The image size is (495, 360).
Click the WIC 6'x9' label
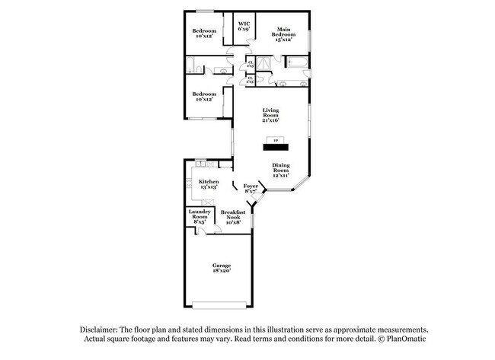[x=244, y=27]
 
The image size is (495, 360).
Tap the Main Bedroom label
[x=284, y=33]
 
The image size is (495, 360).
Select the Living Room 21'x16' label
[x=271, y=114]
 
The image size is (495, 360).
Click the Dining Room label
[x=281, y=170]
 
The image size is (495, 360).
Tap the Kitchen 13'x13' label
[x=209, y=184]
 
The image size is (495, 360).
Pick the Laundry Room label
[x=200, y=216]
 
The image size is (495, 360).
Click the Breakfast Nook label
[x=232, y=216]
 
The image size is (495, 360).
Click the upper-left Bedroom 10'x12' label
[x=204, y=33]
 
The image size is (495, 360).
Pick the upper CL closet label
[x=250, y=64]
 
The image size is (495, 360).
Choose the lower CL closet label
[x=250, y=79]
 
